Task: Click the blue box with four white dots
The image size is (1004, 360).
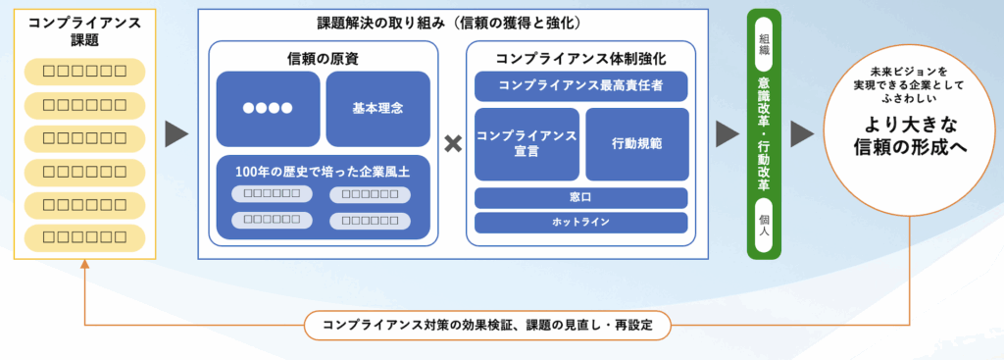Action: pos(268,109)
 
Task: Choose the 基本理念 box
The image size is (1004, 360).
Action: pos(377,109)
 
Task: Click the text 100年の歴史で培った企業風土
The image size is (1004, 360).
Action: pos(323,172)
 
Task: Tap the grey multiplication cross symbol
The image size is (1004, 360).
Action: pos(452,144)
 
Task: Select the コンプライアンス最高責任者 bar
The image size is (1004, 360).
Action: pos(580,85)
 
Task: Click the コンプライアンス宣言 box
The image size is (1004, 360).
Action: pos(526,144)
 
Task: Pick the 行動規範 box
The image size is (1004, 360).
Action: pos(636,144)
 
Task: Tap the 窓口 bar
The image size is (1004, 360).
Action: pos(580,198)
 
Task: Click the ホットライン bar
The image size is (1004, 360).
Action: pos(580,223)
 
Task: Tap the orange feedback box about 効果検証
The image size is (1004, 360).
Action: pos(487,324)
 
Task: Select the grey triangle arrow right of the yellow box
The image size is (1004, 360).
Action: pos(176,134)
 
